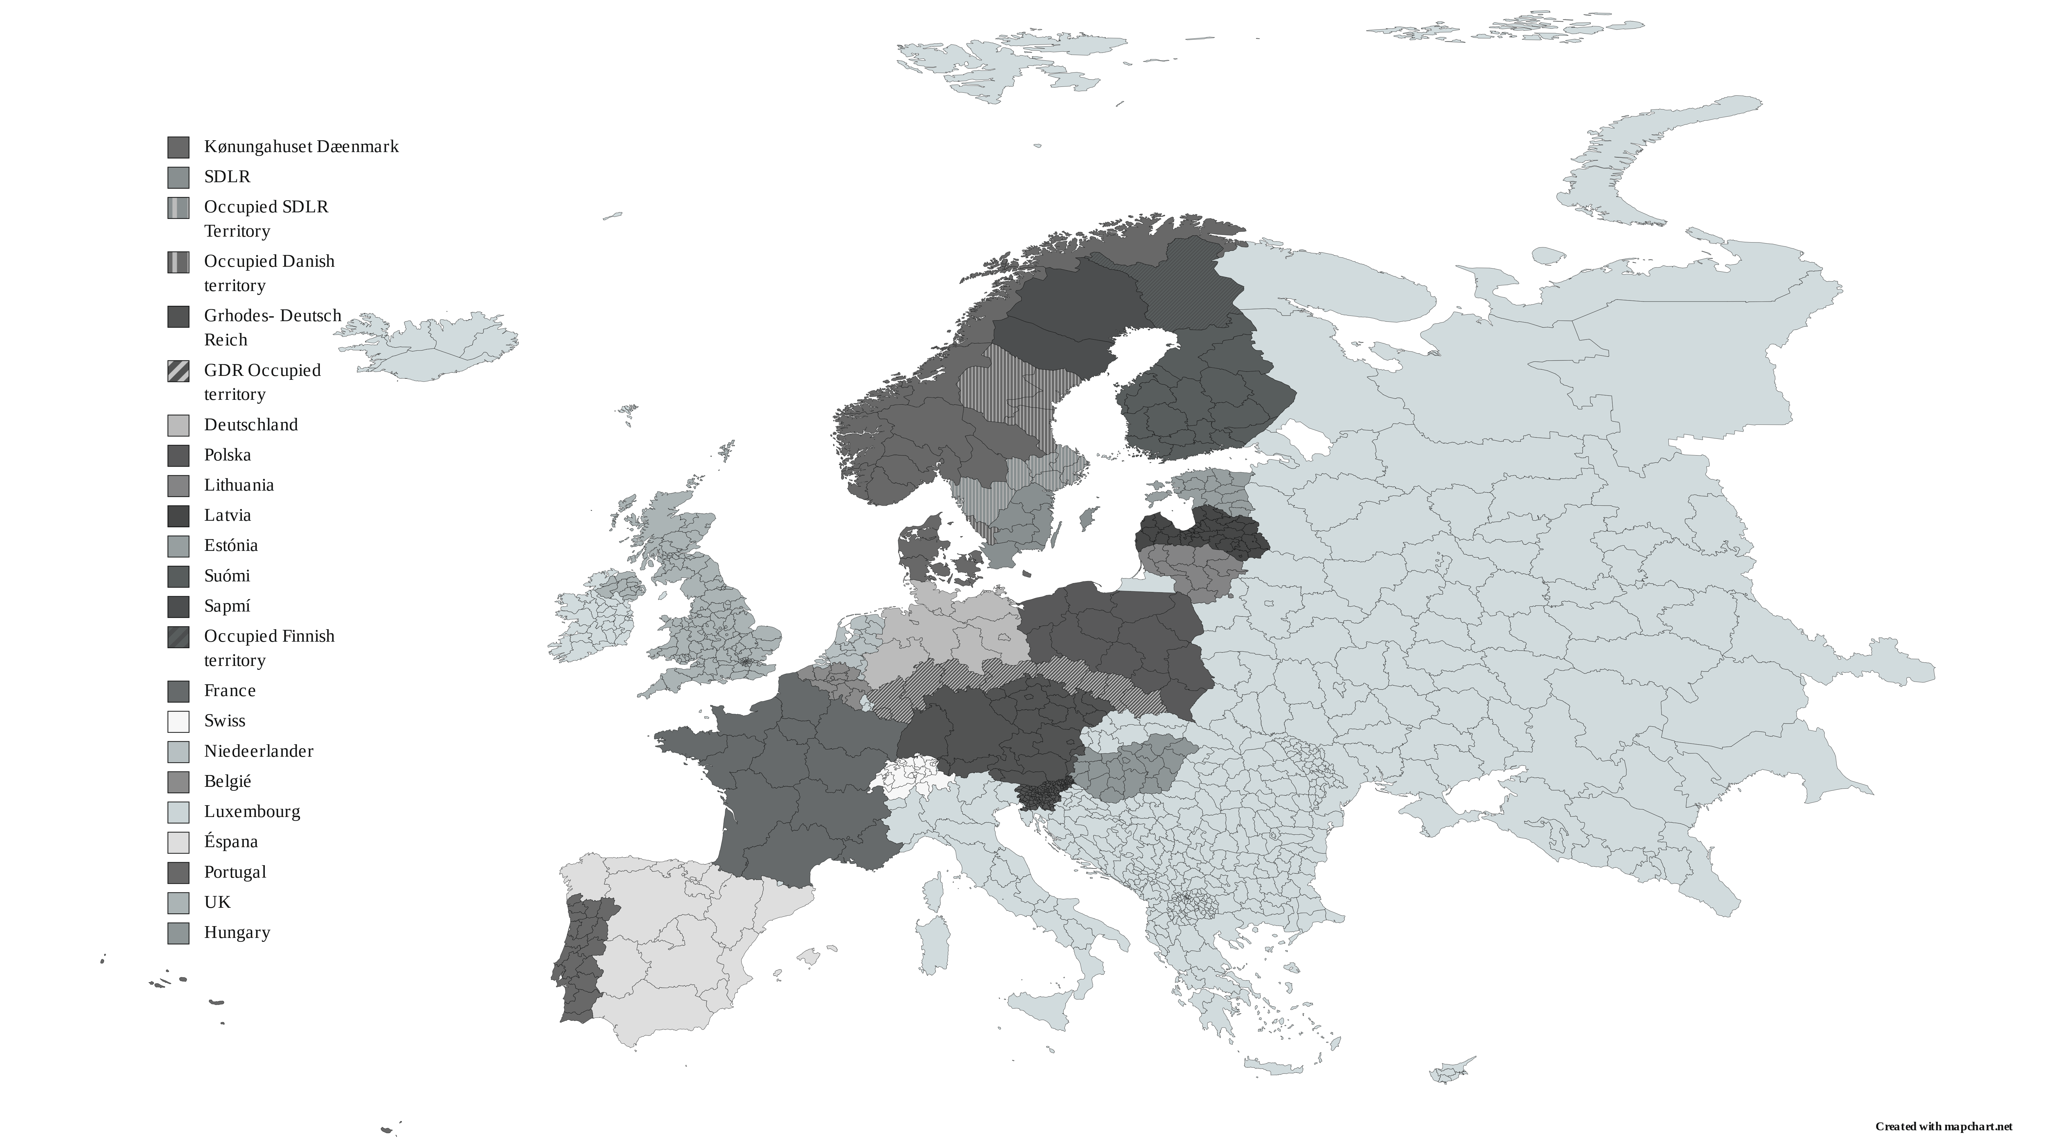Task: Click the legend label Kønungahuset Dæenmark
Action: pos(301,147)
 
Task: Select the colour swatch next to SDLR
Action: pos(178,177)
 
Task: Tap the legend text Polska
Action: pos(228,455)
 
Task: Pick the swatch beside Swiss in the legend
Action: pos(178,721)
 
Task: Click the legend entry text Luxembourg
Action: pos(252,811)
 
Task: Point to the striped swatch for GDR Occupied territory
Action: pos(178,371)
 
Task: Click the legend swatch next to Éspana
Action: pos(178,843)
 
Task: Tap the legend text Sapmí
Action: pos(227,606)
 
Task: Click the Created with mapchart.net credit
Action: pos(1943,1126)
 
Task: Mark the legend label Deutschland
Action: pos(251,425)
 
